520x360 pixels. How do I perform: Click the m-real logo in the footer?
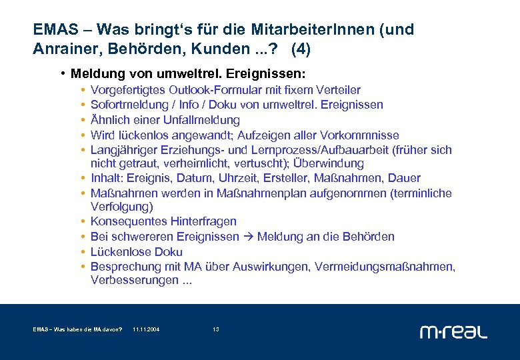coord(453,331)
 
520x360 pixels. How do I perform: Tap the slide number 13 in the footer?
coord(216,329)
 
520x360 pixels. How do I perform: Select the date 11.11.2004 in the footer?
coord(146,329)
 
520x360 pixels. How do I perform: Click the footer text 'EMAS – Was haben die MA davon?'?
coord(77,329)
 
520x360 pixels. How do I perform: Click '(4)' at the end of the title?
coord(301,49)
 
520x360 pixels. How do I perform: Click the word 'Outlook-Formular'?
coord(212,90)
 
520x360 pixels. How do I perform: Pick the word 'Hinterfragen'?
coord(203,221)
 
